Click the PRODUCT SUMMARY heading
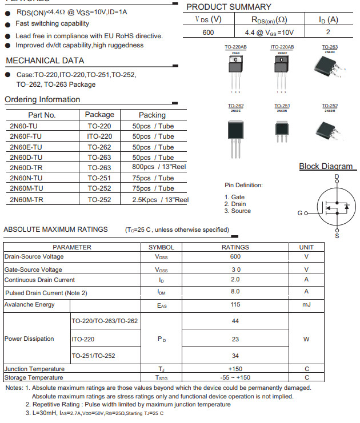coord(229,7)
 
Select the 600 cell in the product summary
coord(208,33)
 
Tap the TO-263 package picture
coord(329,69)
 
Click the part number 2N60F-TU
coord(26,136)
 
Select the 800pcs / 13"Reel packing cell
coord(159,167)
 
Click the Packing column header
coord(152,115)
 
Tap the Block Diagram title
coord(326,166)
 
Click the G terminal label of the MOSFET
coord(299,213)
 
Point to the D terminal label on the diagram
coord(337,177)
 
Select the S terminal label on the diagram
coord(337,235)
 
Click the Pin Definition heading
coord(243,185)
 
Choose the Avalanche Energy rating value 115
coord(235,305)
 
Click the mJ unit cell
coord(306,305)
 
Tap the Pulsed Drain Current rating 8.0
coord(235,291)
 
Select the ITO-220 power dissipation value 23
coord(235,339)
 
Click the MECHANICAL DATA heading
coord(45,61)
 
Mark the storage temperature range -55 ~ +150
coord(235,377)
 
